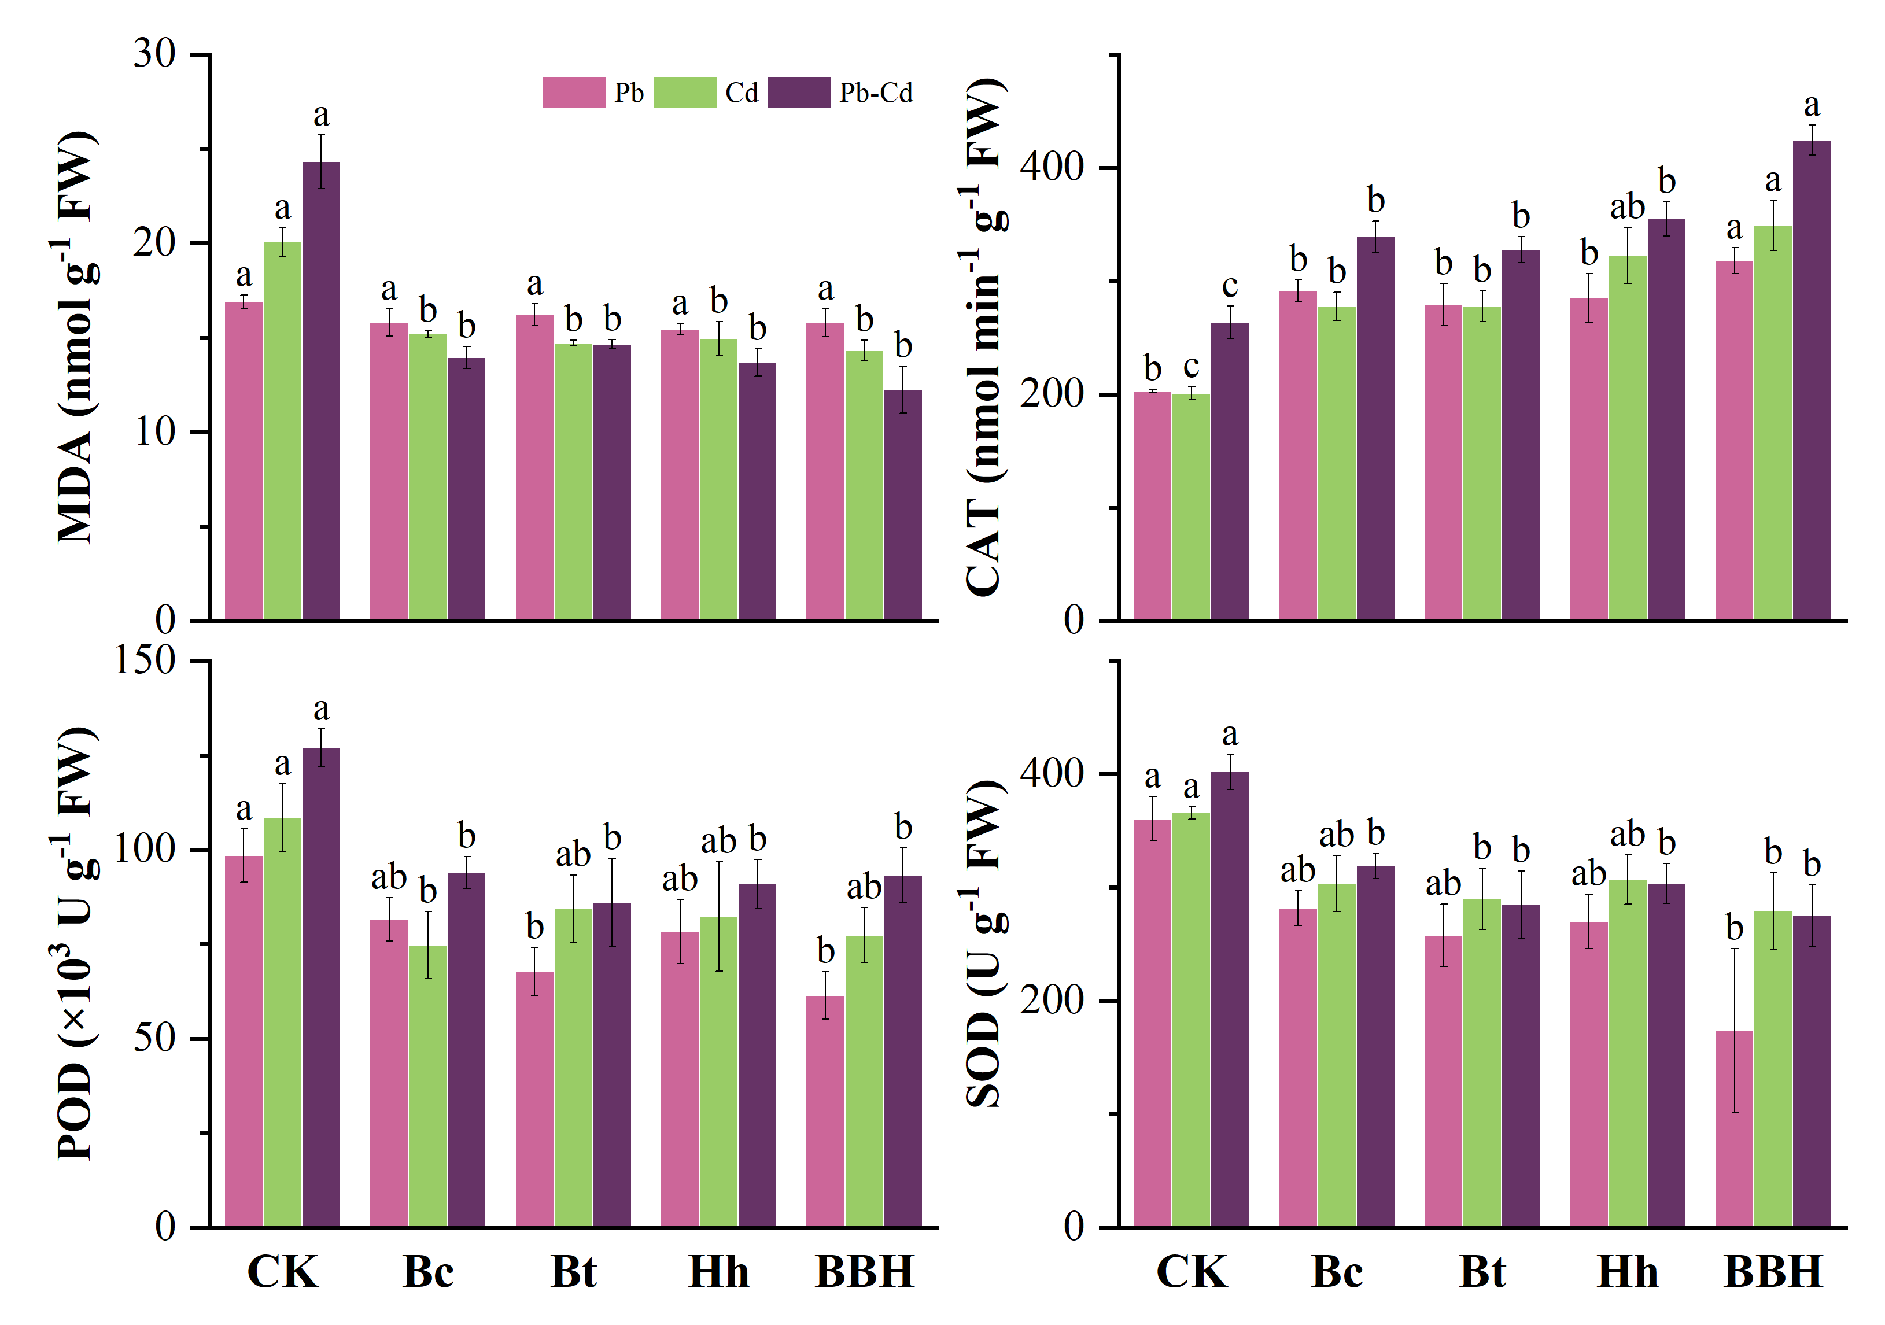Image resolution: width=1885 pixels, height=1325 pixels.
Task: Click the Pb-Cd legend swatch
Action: [798, 93]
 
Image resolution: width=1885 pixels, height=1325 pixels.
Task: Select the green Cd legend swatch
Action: [685, 93]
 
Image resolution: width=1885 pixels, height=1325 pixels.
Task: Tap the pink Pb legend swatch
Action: [573, 93]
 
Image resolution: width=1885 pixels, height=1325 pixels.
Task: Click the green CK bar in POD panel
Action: [282, 1022]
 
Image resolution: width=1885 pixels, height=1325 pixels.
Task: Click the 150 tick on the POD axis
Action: [145, 660]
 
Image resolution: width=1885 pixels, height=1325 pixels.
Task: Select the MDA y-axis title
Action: [76, 337]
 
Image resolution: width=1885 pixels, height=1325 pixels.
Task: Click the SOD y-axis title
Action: [983, 944]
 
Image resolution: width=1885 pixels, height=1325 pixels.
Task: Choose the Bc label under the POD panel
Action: [428, 1272]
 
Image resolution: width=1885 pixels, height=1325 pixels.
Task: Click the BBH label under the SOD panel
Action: [1773, 1272]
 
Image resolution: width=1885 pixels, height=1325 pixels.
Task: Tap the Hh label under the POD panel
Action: [718, 1272]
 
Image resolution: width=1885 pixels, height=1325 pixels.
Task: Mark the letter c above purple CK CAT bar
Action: [1229, 286]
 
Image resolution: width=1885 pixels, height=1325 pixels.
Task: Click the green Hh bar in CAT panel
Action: [1627, 438]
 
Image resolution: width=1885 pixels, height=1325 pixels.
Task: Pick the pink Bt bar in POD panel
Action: [534, 1099]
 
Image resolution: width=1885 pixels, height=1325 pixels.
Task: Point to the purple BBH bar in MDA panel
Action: [902, 504]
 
